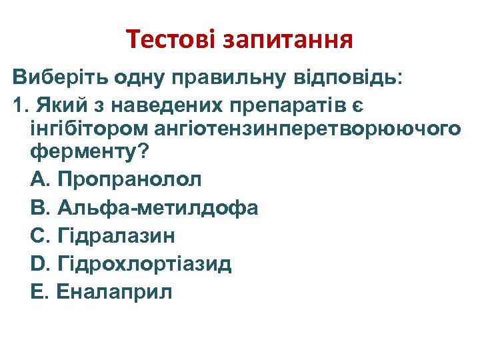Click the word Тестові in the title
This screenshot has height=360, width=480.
coord(171,41)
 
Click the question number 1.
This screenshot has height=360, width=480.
coord(18,105)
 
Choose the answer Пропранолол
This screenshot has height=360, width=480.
coord(130,179)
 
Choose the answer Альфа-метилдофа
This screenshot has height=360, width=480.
coord(158,207)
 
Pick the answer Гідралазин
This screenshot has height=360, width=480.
coord(117,235)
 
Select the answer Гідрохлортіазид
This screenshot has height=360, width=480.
coord(145,263)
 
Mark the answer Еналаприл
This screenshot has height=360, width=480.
coord(115,291)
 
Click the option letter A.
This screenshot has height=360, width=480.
coord(37,179)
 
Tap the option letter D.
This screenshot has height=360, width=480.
coord(37,263)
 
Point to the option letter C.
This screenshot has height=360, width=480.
coord(37,235)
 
